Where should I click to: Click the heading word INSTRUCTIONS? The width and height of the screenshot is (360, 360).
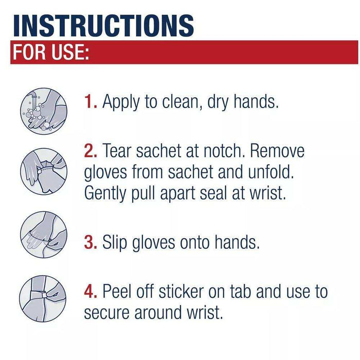click(103, 24)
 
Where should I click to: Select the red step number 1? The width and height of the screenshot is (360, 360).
click(91, 101)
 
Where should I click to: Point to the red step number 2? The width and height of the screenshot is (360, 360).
click(92, 151)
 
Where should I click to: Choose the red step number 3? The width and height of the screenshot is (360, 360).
click(91, 242)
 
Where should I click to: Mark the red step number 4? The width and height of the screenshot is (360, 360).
click(92, 292)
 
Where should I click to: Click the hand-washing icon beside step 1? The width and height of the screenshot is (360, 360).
click(43, 110)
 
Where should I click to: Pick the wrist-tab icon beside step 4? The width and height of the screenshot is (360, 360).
click(43, 300)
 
